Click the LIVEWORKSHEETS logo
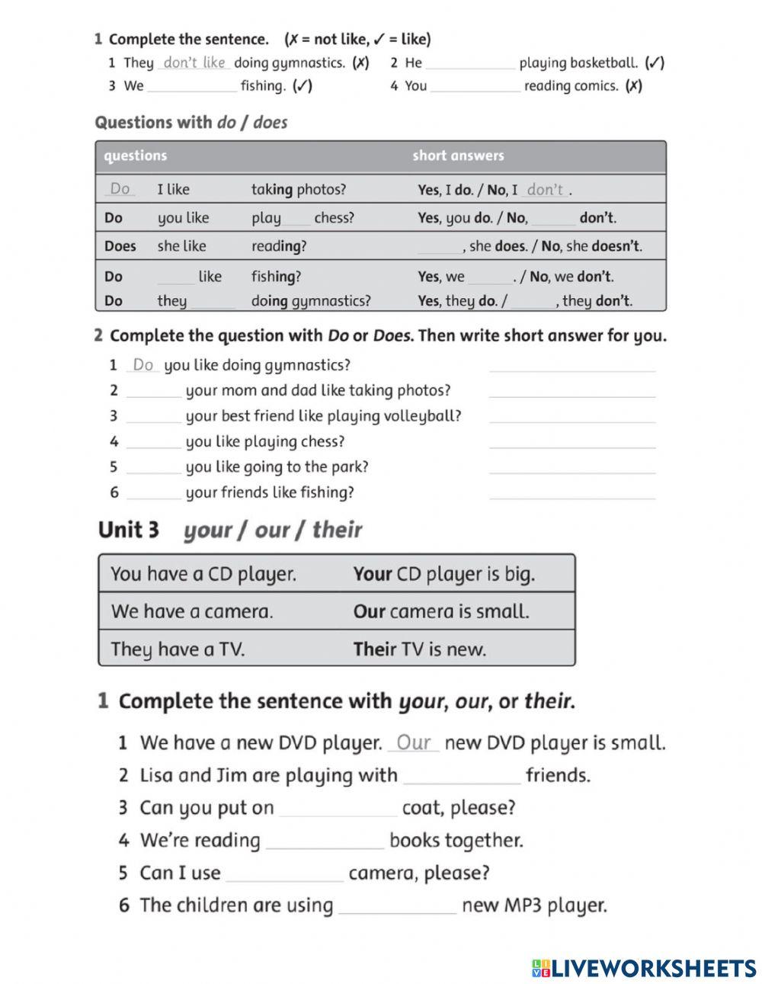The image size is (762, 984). pos(644,967)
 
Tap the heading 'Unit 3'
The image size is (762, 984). pos(129,530)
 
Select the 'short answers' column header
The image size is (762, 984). pos(458,155)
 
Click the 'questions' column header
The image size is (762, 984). pos(135,155)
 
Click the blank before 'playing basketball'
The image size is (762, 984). pos(470,64)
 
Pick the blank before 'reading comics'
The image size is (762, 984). pos(475,87)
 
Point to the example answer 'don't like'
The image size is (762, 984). pos(194,63)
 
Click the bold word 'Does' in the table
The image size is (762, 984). pos(120,246)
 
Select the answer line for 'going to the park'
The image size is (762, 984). pos(571,467)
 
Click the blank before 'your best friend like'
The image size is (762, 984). pos(153,417)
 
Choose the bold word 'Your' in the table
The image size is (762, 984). pos(372,574)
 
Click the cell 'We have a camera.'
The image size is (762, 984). pos(192,611)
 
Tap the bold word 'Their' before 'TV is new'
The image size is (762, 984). pos(374,649)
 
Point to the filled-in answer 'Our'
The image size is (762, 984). pos(414,742)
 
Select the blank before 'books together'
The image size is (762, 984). pos(325,841)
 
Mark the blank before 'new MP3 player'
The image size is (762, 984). pos(397,906)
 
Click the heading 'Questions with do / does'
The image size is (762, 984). pos(190,122)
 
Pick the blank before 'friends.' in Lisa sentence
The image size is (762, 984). pos(462,777)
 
